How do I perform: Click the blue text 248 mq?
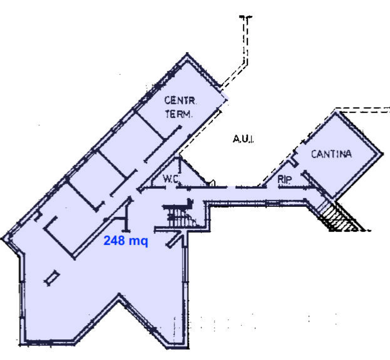click(126, 241)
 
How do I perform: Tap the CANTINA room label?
click(331, 154)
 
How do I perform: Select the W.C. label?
click(171, 179)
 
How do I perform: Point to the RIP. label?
click(285, 179)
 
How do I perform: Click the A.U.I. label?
click(243, 139)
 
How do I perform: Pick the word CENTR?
click(180, 101)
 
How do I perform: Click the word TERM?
click(179, 114)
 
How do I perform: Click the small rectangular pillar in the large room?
click(52, 278)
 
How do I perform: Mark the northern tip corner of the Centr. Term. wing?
click(187, 54)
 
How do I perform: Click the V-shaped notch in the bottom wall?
click(119, 295)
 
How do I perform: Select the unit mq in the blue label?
click(138, 242)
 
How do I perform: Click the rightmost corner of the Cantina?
click(383, 153)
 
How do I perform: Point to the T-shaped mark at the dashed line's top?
click(246, 17)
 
